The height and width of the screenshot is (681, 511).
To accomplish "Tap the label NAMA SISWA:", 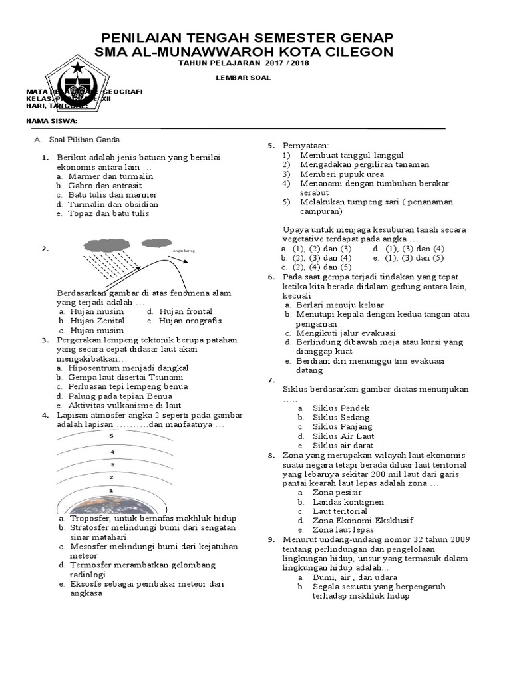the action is [x=51, y=121].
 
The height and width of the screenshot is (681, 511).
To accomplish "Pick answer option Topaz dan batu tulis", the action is [x=108, y=213].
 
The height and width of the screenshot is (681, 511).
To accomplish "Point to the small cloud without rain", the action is [x=156, y=242].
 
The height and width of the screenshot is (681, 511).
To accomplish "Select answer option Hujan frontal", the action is [x=186, y=311].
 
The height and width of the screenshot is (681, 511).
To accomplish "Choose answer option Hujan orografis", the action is [x=189, y=321].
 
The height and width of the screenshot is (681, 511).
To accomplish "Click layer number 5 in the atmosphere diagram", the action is [x=112, y=436].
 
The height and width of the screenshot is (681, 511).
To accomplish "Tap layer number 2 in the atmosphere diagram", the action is [x=112, y=477].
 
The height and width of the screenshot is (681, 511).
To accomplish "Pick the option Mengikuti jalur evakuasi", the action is [x=345, y=333].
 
